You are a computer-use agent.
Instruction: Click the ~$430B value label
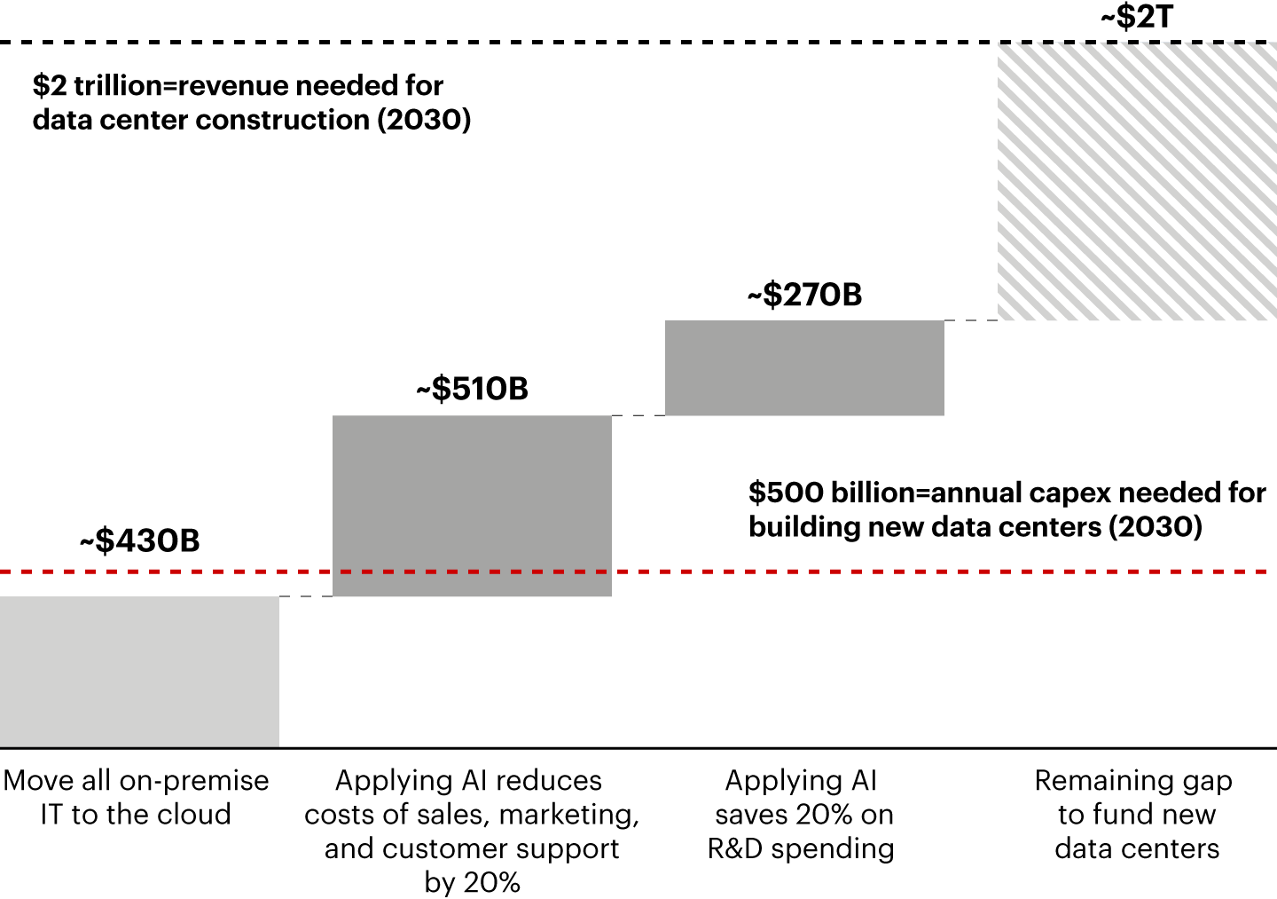point(140,540)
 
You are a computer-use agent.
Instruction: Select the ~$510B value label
point(472,389)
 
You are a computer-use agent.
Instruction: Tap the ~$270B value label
point(804,295)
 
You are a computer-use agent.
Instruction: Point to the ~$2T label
point(1136,17)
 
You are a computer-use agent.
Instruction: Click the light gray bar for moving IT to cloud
point(139,671)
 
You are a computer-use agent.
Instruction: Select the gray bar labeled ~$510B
point(472,505)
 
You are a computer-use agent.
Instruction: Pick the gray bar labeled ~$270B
point(804,367)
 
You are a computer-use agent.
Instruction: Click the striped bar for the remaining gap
point(1137,181)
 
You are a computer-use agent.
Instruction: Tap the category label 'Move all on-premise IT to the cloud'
point(136,797)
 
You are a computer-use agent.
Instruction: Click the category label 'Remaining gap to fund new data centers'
point(1136,814)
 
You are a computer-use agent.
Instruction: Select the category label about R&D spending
point(801,814)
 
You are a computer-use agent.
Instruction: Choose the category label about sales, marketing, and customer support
point(472,831)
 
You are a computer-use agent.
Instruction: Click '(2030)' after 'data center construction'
point(424,120)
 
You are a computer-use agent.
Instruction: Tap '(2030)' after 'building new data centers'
point(1155,527)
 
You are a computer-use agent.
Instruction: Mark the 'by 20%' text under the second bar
point(472,882)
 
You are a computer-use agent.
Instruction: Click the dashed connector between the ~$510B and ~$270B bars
point(638,415)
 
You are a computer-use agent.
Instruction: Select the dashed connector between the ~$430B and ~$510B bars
point(306,596)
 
